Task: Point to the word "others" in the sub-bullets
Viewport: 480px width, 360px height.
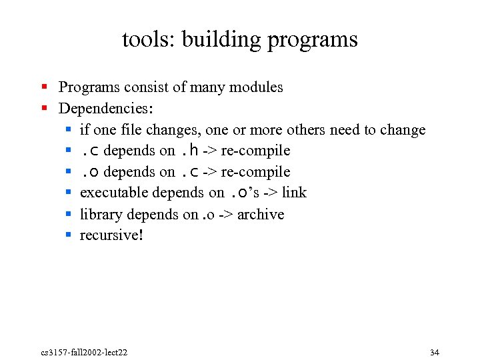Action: pyautogui.click(x=311, y=129)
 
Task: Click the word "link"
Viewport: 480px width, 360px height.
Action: pyautogui.click(x=294, y=193)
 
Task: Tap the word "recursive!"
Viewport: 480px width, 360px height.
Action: pyautogui.click(x=111, y=235)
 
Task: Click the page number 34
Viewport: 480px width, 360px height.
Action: pyautogui.click(x=435, y=352)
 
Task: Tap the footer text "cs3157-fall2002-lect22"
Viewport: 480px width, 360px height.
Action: pyautogui.click(x=84, y=352)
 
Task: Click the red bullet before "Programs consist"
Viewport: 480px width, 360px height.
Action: pyautogui.click(x=44, y=87)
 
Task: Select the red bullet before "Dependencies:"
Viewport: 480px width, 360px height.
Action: pyautogui.click(x=44, y=107)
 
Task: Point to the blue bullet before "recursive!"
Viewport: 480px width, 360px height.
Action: pyautogui.click(x=68, y=235)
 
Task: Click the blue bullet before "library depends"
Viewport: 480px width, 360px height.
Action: pyautogui.click(x=68, y=213)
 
